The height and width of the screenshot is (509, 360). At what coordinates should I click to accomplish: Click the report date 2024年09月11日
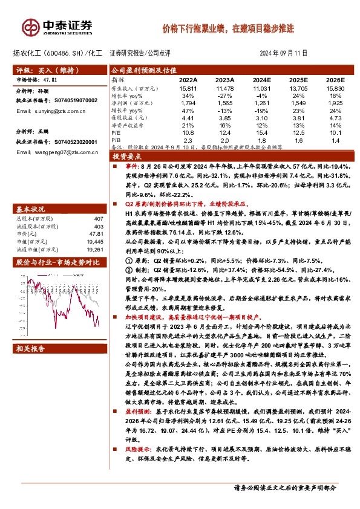point(284,53)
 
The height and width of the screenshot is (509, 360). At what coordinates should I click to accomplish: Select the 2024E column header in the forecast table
point(261,79)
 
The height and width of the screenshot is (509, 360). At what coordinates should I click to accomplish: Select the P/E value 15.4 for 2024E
point(261,132)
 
